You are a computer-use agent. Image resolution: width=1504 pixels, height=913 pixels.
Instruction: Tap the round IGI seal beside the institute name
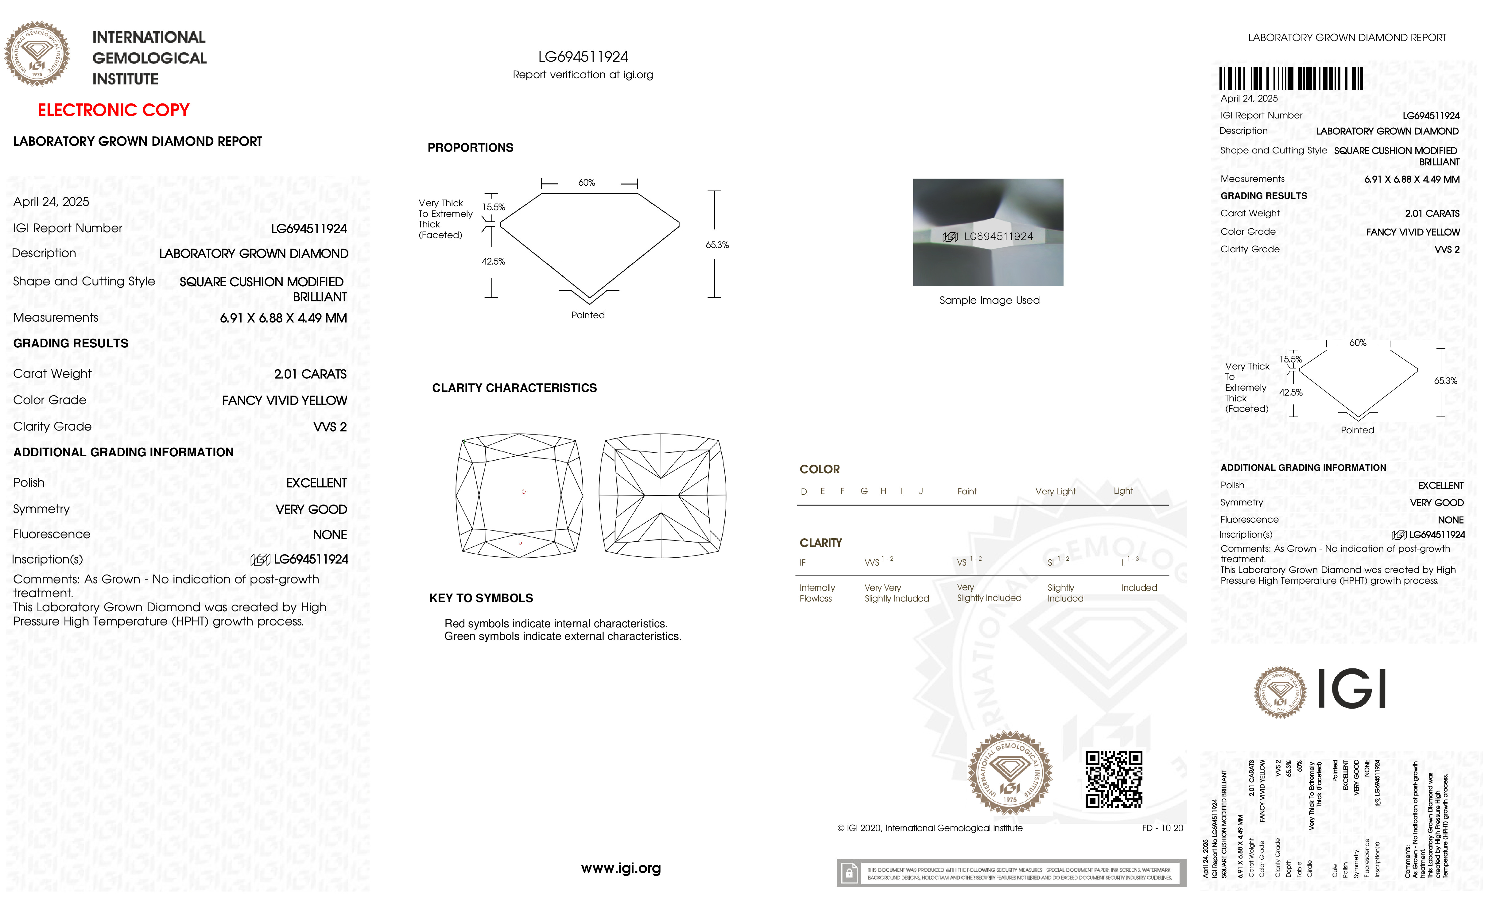(37, 54)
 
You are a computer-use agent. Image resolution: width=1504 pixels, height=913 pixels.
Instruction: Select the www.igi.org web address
(621, 868)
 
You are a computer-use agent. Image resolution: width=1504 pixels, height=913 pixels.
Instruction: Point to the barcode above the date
(1291, 79)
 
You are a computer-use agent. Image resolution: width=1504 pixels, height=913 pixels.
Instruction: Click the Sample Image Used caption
(989, 300)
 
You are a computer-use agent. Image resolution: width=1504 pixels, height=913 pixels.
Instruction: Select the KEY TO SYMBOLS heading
(481, 598)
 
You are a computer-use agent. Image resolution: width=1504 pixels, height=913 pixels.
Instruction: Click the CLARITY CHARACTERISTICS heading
(514, 388)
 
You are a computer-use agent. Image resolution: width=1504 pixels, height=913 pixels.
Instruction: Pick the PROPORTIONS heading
(470, 148)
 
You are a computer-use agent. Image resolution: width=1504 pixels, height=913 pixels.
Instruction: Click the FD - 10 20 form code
(1162, 828)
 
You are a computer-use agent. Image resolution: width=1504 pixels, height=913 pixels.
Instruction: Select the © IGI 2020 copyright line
(930, 828)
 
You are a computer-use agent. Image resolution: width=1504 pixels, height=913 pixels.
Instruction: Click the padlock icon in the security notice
(848, 873)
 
